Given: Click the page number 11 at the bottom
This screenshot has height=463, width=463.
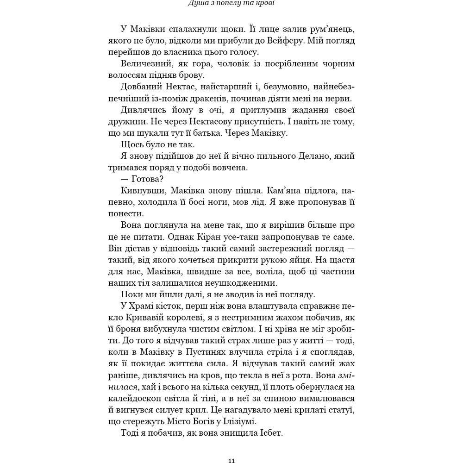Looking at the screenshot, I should pyautogui.click(x=232, y=461).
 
